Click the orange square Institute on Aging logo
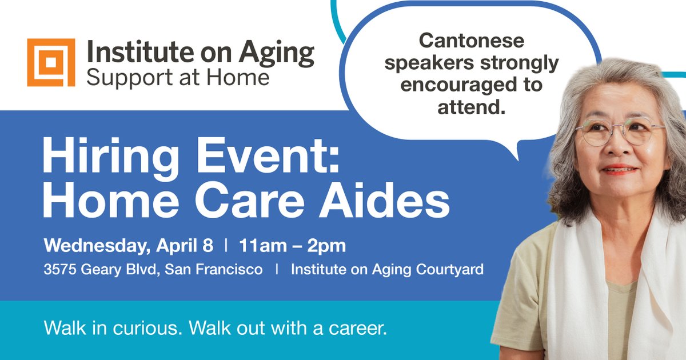pos(51,62)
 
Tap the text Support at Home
pos(177,77)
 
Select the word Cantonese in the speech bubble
pos(472,41)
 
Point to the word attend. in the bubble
pos(472,107)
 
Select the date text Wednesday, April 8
pos(129,246)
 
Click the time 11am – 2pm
pos(293,246)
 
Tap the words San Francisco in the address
pos(213,270)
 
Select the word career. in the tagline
pos(359,330)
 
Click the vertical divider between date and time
pos(226,246)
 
